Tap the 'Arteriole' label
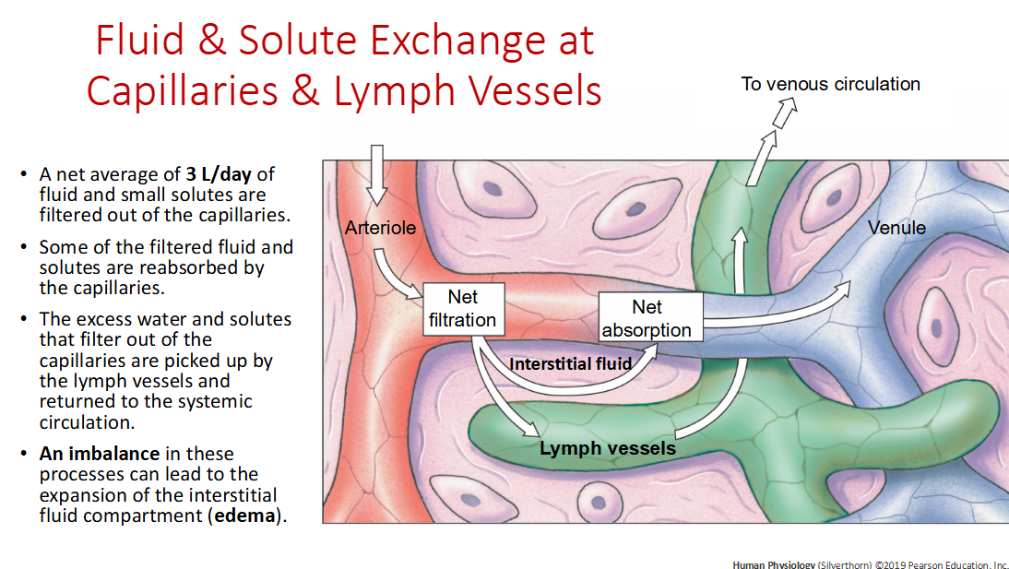(x=380, y=228)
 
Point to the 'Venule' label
(x=896, y=228)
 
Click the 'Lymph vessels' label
(x=607, y=449)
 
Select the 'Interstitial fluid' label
(x=570, y=363)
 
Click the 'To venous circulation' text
(x=830, y=84)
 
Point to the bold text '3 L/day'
(x=220, y=174)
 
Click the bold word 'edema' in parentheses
(x=245, y=515)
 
